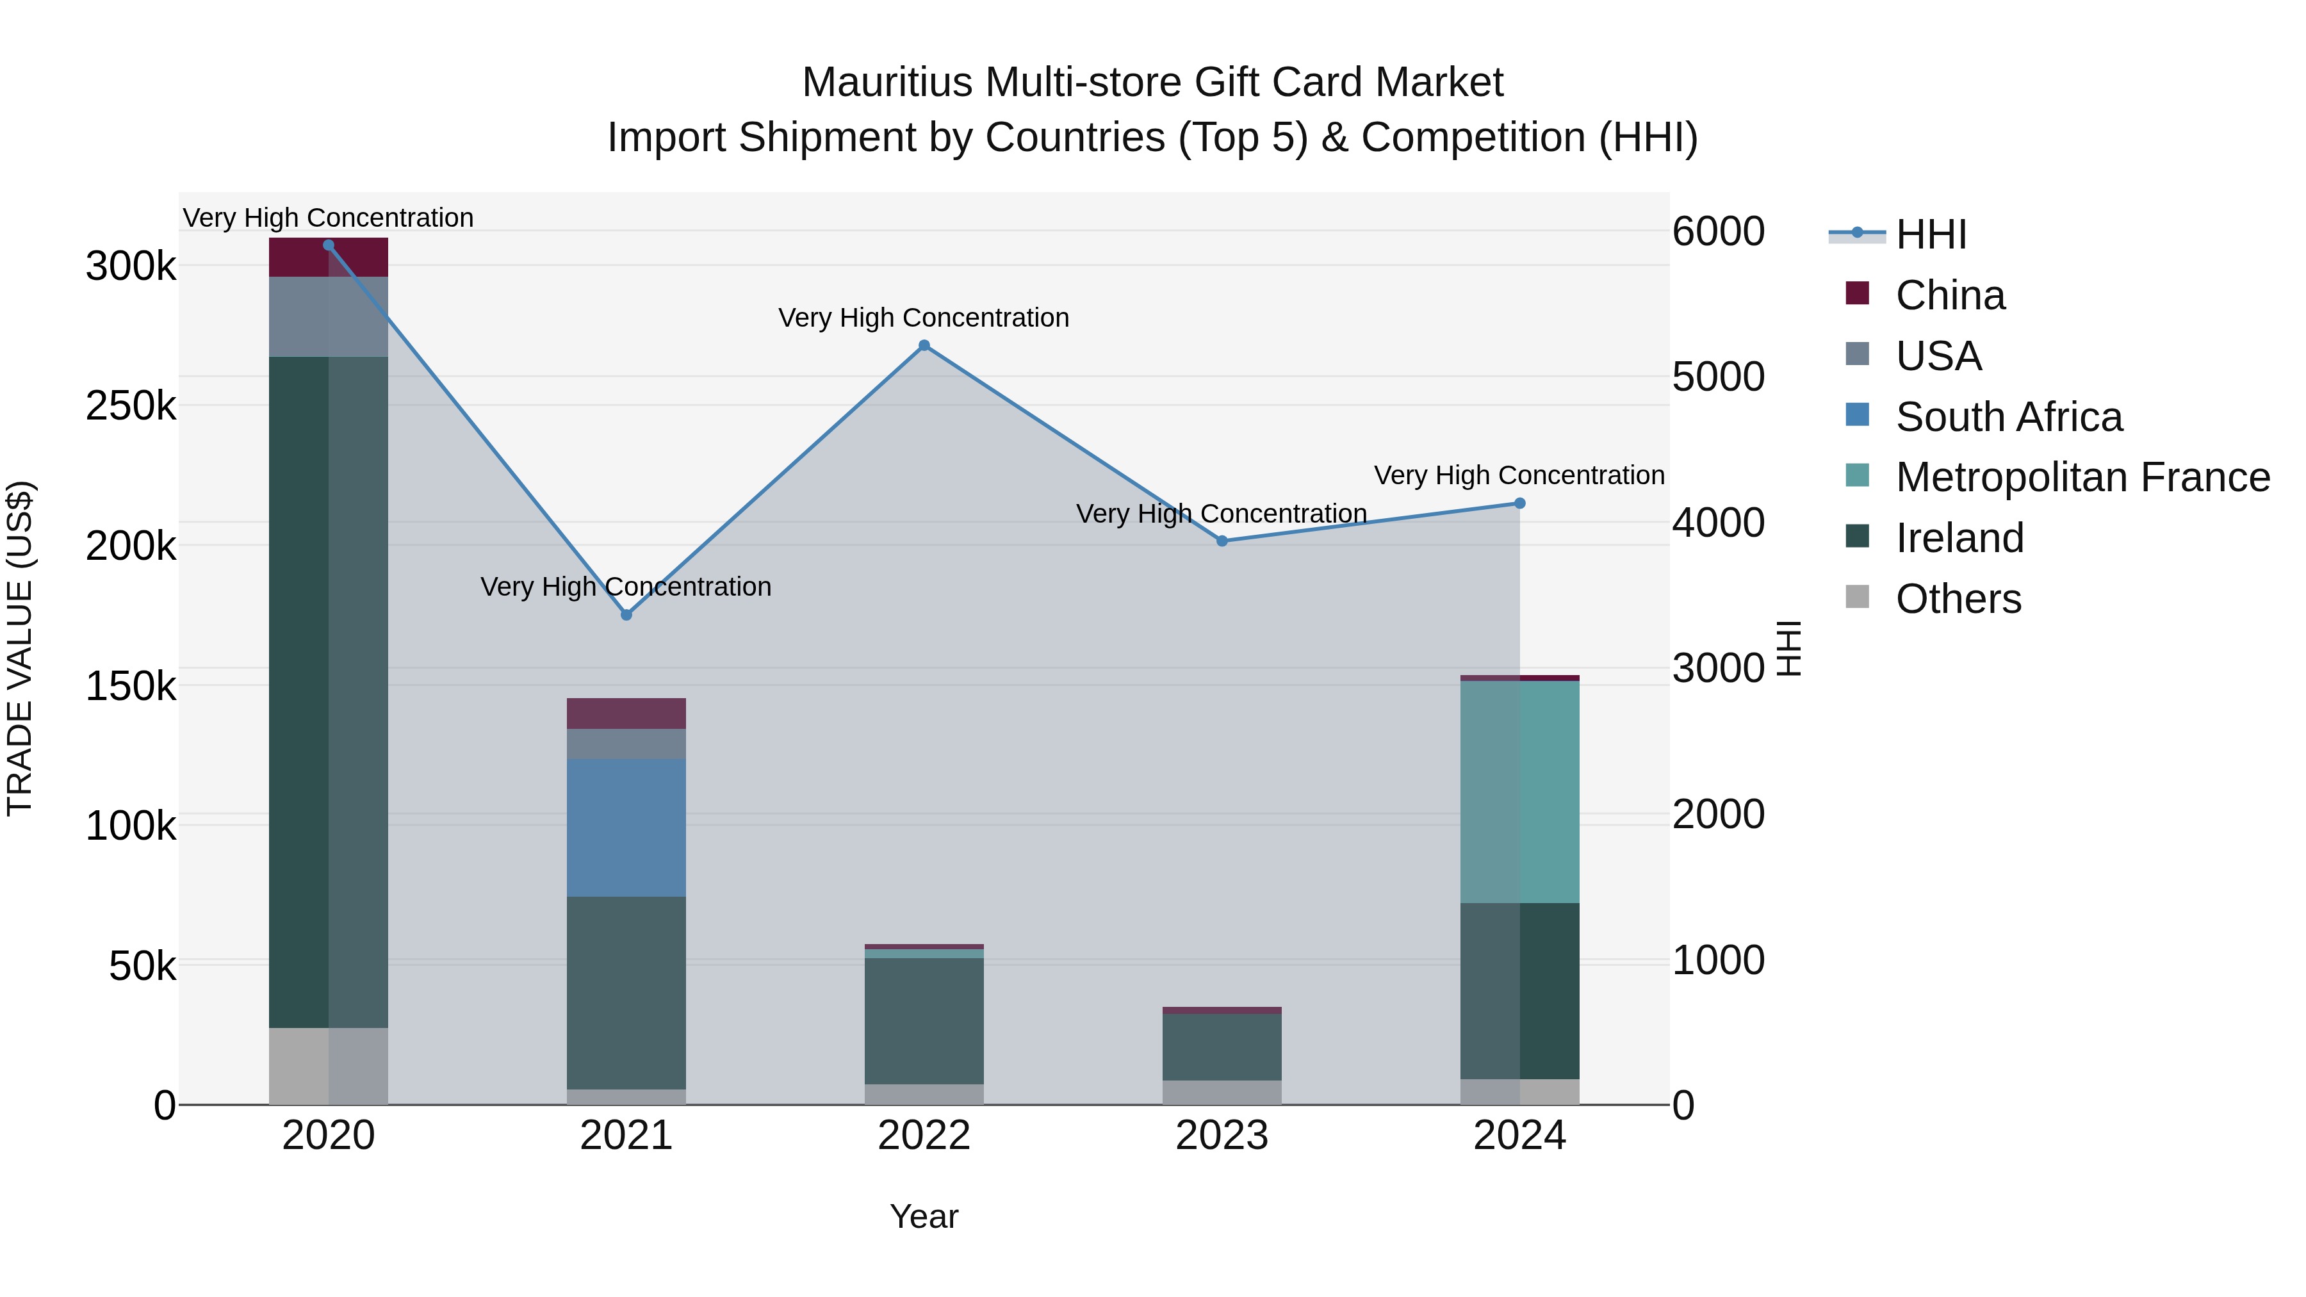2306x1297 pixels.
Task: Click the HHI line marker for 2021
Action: tap(626, 615)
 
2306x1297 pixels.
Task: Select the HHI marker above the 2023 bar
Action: tap(1222, 541)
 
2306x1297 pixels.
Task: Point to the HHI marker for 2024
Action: tap(1519, 503)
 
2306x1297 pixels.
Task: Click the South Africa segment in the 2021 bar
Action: tap(626, 828)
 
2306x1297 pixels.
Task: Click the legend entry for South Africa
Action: tap(2008, 417)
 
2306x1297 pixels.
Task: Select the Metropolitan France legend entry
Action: tap(2082, 478)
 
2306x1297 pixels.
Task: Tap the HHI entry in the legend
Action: tap(1930, 234)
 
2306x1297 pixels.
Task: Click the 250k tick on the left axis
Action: tap(131, 406)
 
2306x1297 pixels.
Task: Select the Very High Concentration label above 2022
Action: tap(924, 318)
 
